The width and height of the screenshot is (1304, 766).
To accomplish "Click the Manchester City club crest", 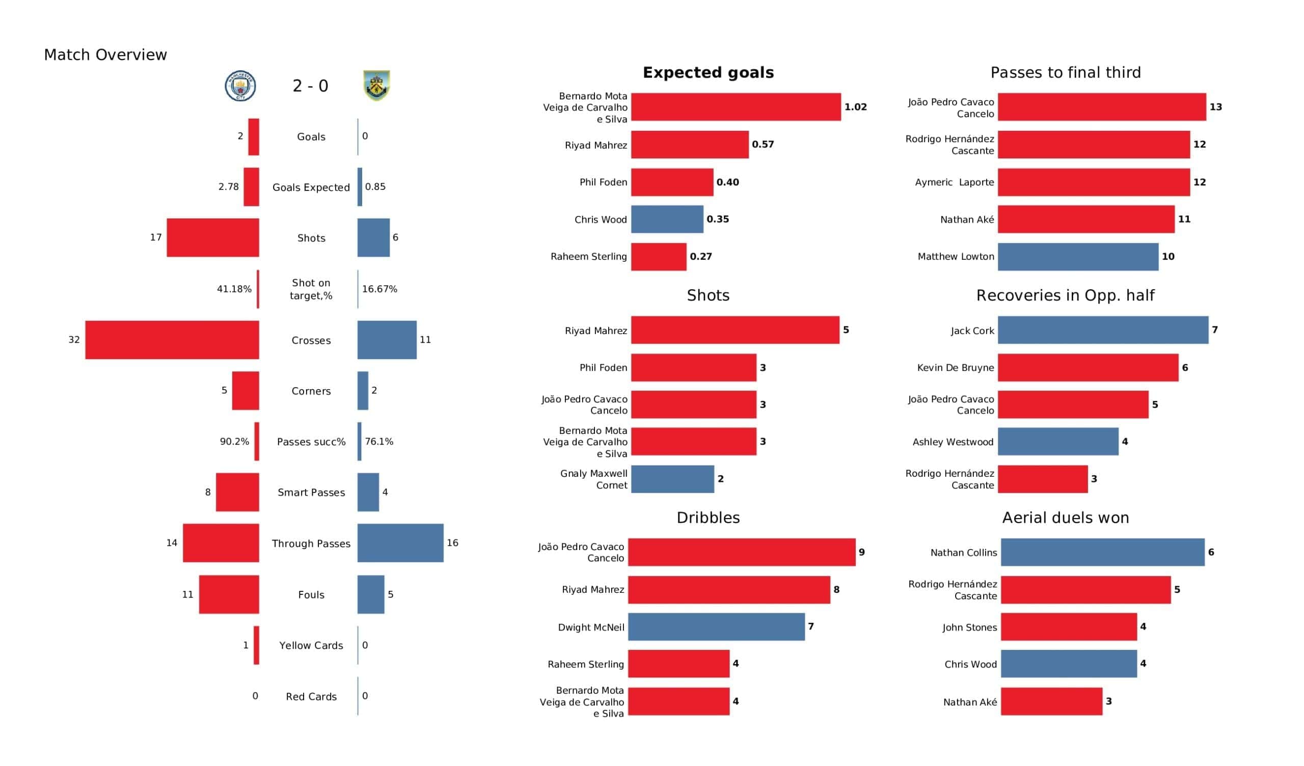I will [x=240, y=86].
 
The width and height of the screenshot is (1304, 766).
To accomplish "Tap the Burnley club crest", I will [x=376, y=86].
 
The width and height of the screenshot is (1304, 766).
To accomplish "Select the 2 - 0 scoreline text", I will [x=310, y=86].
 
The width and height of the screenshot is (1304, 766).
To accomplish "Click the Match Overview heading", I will [x=105, y=55].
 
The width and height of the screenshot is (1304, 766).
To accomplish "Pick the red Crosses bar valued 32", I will [x=172, y=340].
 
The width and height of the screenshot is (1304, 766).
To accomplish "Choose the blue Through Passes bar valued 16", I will [x=400, y=543].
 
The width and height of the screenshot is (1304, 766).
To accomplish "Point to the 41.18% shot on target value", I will [x=234, y=289].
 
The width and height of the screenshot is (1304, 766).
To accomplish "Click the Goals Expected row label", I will [x=311, y=187].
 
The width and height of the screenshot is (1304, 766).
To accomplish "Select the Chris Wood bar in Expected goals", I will [x=667, y=220].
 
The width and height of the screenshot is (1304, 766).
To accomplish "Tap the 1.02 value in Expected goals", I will [x=855, y=107].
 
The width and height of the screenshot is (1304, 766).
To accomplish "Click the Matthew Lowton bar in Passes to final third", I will [x=1078, y=257].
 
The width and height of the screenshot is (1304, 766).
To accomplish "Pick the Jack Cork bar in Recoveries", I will [x=1103, y=330].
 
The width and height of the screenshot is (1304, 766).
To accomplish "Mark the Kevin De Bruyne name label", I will [x=955, y=368].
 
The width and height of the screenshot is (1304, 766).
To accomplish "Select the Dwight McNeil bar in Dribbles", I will [x=716, y=627].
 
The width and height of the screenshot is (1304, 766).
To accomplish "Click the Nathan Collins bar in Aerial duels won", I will [x=1102, y=552].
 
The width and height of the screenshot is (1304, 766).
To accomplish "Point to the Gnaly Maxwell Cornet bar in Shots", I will [x=672, y=479].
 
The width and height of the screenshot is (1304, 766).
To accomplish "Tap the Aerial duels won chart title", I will [x=1066, y=517].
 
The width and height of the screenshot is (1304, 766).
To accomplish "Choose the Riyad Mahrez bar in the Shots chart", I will [x=735, y=330].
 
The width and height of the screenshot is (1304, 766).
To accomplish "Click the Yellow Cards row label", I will [x=311, y=645].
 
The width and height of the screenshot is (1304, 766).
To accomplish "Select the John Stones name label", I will [x=969, y=627].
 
